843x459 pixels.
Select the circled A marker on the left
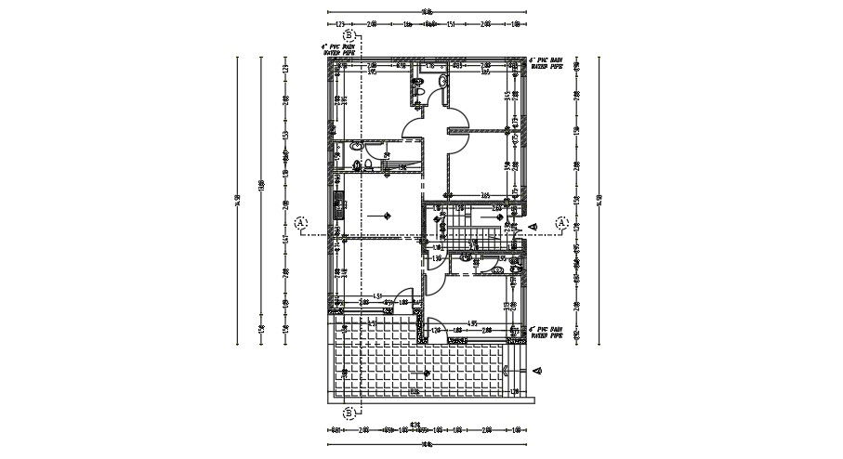300,223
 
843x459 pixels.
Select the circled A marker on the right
562,223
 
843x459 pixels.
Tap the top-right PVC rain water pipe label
547,64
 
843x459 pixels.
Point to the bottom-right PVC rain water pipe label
547,332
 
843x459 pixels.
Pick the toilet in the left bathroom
369,165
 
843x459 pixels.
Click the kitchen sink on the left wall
338,204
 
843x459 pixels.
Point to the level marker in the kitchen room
384,216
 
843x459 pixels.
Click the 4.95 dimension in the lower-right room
472,323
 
